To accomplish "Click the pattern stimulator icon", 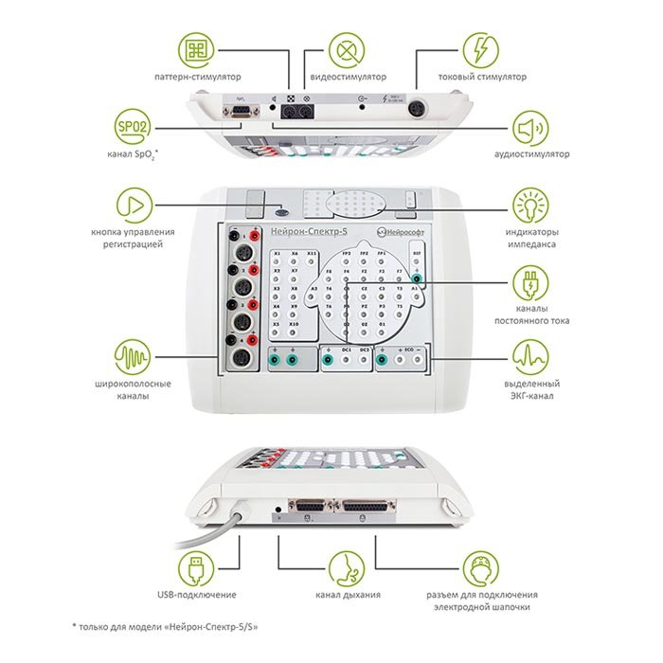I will click(198, 49).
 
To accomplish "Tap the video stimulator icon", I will click(346, 49).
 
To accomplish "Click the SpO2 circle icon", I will click(131, 128).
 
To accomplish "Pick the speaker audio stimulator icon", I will click(531, 128).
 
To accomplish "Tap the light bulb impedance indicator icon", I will click(529, 204).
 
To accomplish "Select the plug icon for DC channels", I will click(529, 282).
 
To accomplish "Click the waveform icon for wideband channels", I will click(133, 359).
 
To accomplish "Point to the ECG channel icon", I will click(529, 359).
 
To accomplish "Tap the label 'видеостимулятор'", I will click(346, 77).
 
